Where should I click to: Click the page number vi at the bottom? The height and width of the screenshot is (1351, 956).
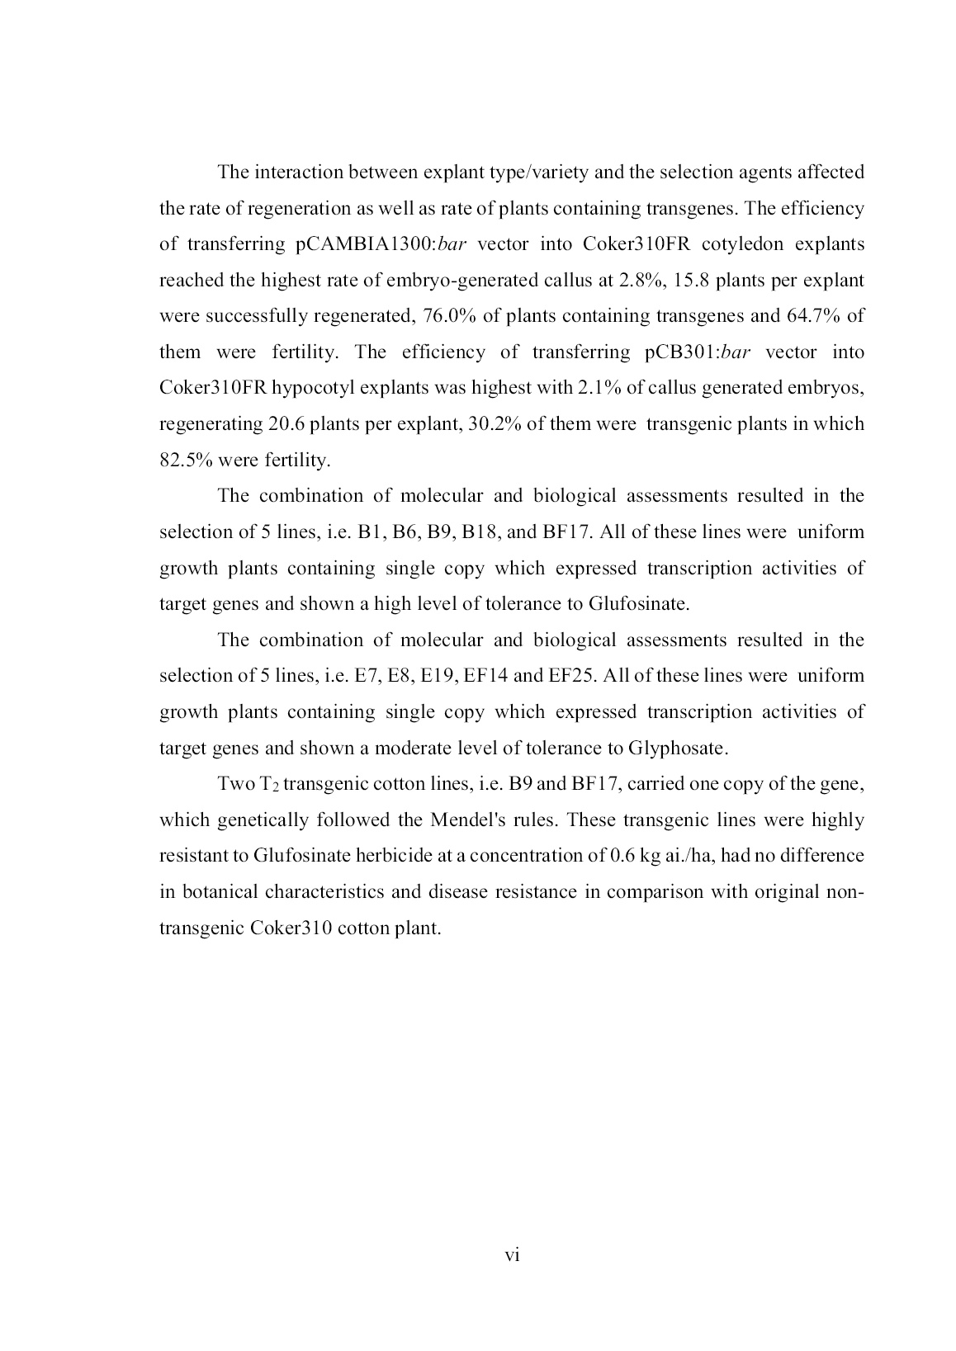512,1255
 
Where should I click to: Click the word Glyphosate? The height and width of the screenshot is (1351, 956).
677,749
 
